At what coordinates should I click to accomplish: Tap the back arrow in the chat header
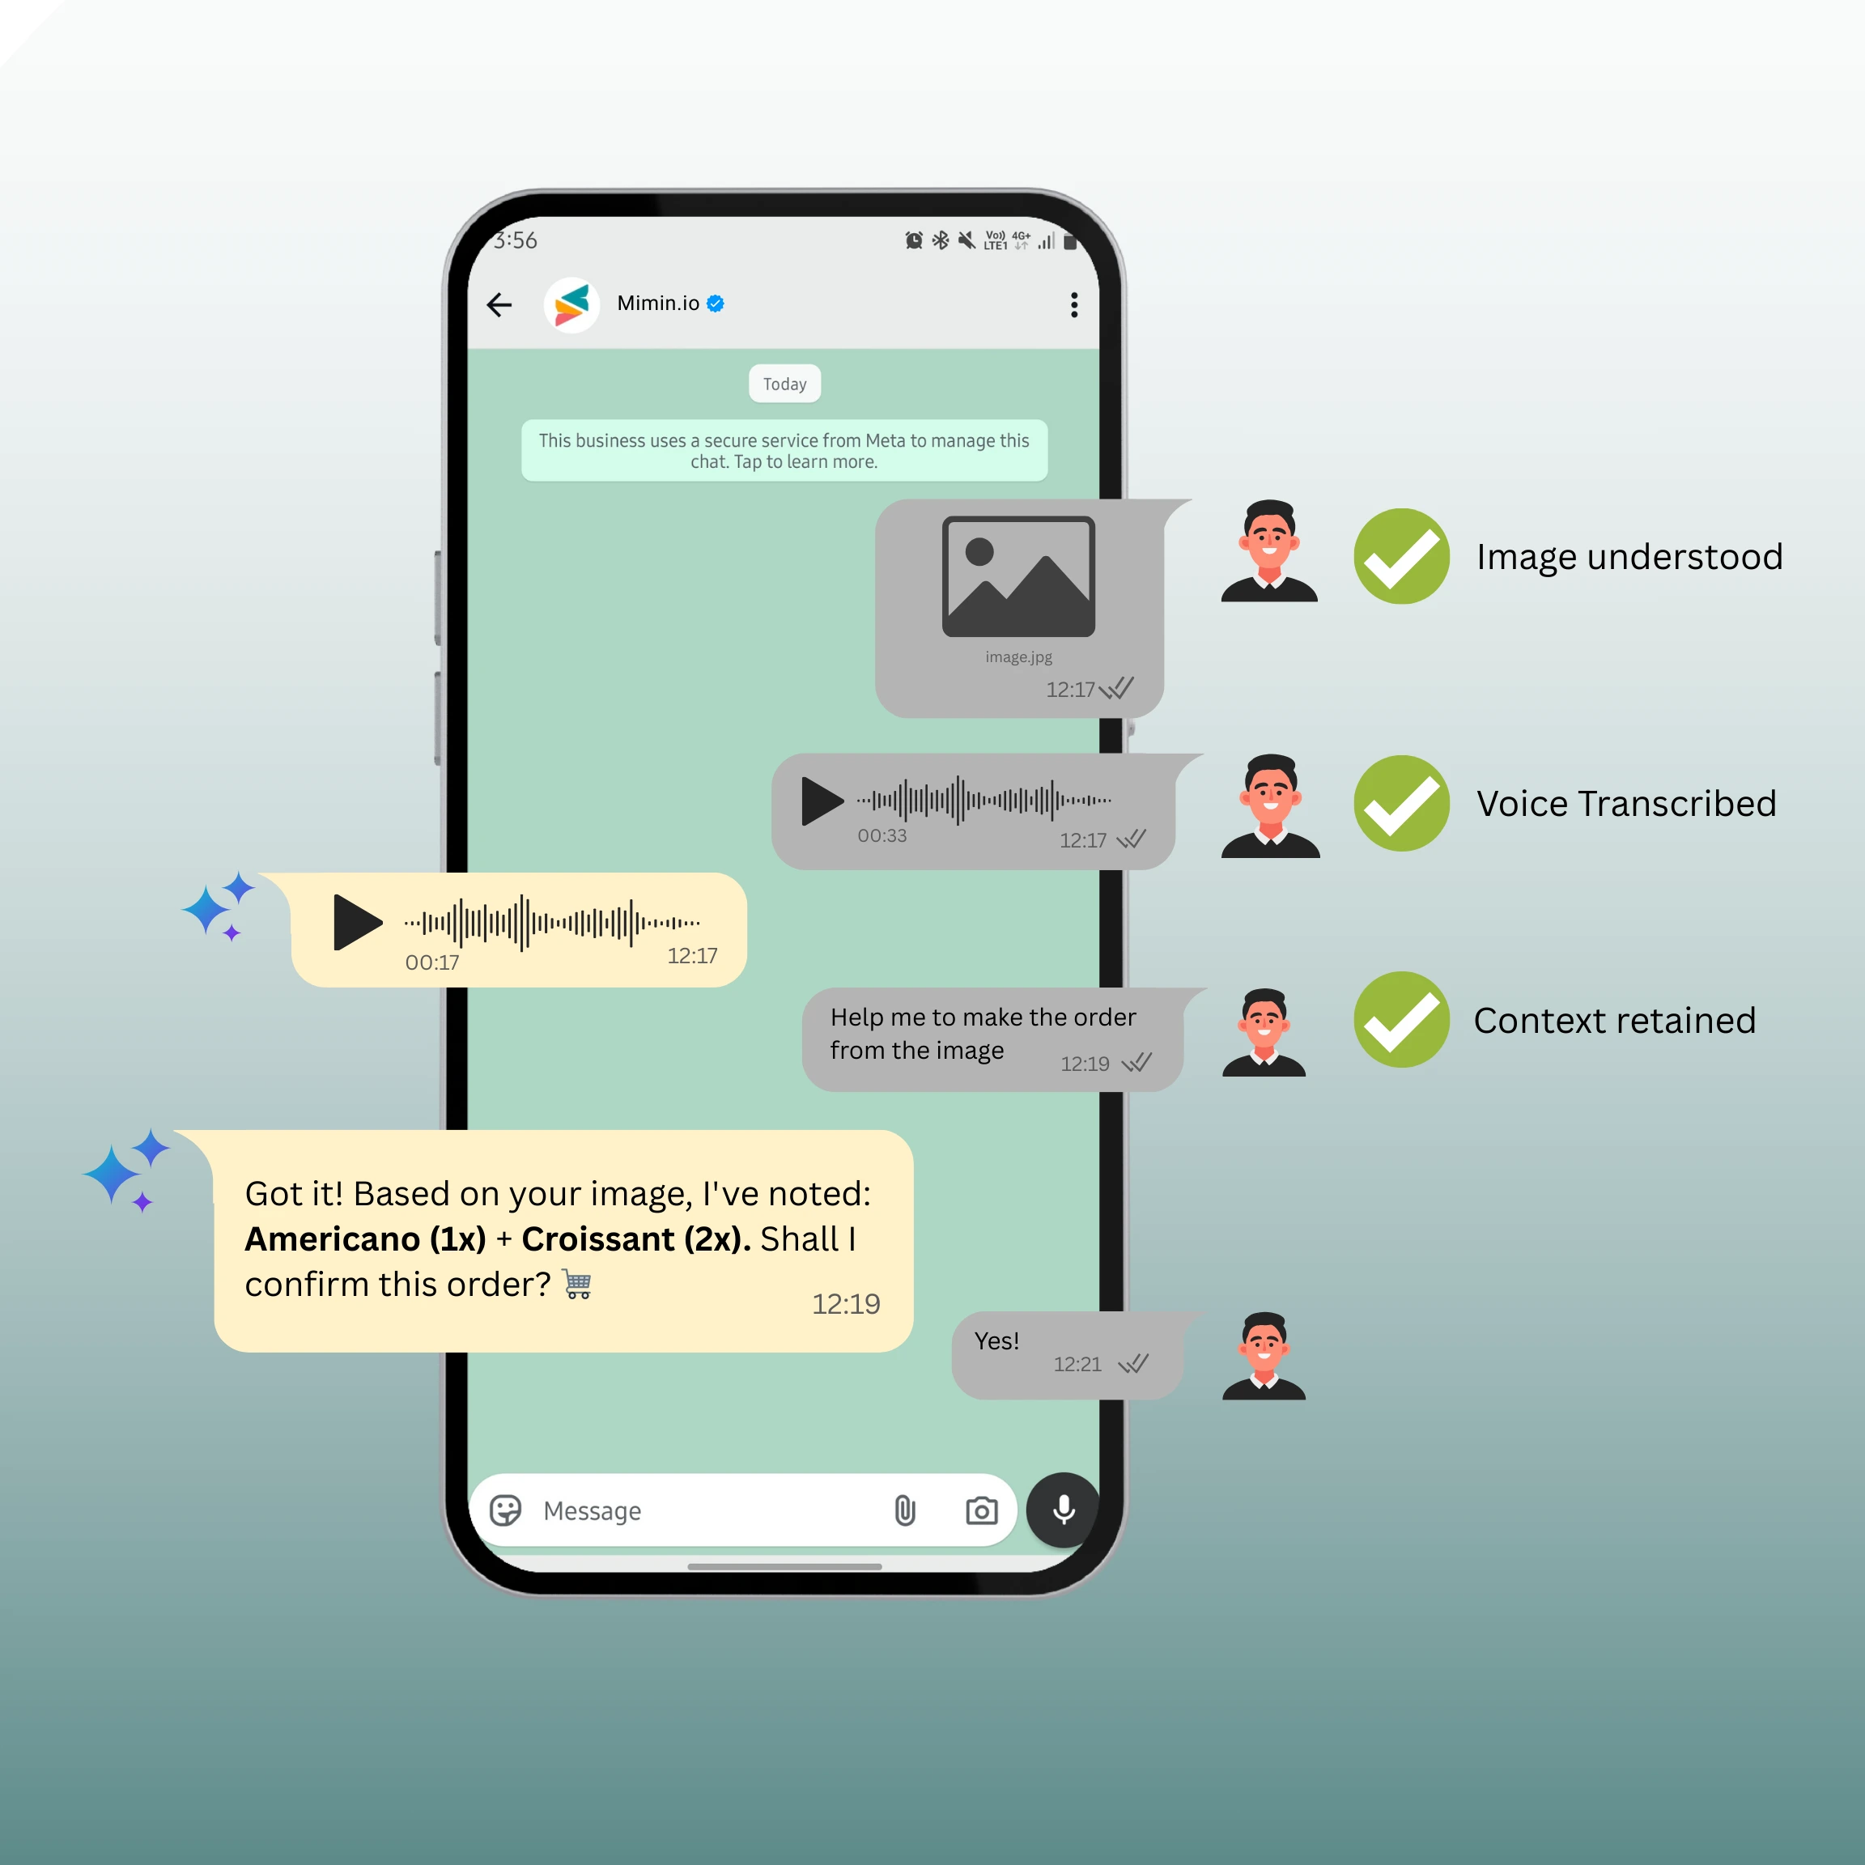pos(499,305)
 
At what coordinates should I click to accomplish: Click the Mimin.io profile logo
pos(571,305)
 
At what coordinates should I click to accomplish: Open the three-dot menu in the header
pos(1073,305)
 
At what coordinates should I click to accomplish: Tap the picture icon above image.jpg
pos(1017,576)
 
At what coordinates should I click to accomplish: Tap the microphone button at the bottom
pos(1063,1510)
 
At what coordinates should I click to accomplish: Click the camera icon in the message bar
pos(982,1510)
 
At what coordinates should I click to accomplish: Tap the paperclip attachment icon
pos(904,1510)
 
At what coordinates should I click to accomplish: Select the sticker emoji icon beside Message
pos(506,1510)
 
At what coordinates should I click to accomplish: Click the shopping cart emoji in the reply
pos(577,1285)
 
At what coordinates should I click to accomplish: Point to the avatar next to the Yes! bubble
pos(1264,1357)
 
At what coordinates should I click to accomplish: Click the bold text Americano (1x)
pos(365,1239)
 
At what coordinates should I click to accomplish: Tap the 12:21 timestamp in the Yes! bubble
pos(1077,1364)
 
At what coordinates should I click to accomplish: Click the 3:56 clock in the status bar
pos(516,240)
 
